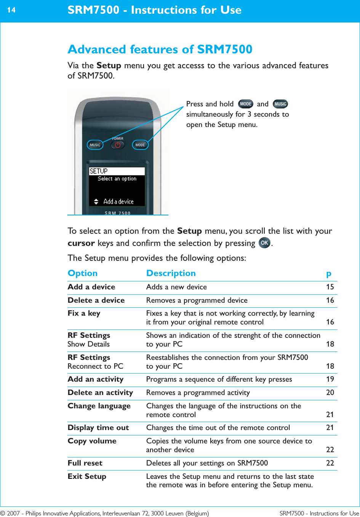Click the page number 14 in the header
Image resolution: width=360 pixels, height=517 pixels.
tap(11, 10)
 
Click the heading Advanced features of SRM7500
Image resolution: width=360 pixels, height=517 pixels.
tap(160, 49)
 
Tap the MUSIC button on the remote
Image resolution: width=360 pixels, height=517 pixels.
tap(95, 145)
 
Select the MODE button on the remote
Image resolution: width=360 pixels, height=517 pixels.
tap(140, 145)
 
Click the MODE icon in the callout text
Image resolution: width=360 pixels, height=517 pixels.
tap(245, 104)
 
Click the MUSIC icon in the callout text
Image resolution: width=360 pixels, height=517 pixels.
tap(280, 104)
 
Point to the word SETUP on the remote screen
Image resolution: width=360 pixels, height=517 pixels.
tap(99, 171)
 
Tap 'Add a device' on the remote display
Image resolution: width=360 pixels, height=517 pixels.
tap(118, 202)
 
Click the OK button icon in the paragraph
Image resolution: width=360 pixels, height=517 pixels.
tap(264, 243)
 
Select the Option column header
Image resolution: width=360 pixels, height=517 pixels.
tap(83, 273)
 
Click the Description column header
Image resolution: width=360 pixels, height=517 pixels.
tap(171, 273)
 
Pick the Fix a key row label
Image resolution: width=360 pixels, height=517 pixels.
tap(84, 313)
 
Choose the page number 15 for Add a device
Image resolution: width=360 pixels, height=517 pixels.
tap(330, 287)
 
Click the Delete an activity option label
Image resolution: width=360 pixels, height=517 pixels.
tap(100, 393)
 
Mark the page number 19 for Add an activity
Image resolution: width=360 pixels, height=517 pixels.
tap(330, 379)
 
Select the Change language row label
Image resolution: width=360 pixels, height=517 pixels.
tap(99, 406)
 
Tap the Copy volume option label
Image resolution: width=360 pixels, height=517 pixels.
tap(92, 441)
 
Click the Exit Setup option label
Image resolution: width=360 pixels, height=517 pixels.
tap(87, 477)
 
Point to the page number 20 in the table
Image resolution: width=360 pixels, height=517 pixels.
tap(330, 393)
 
